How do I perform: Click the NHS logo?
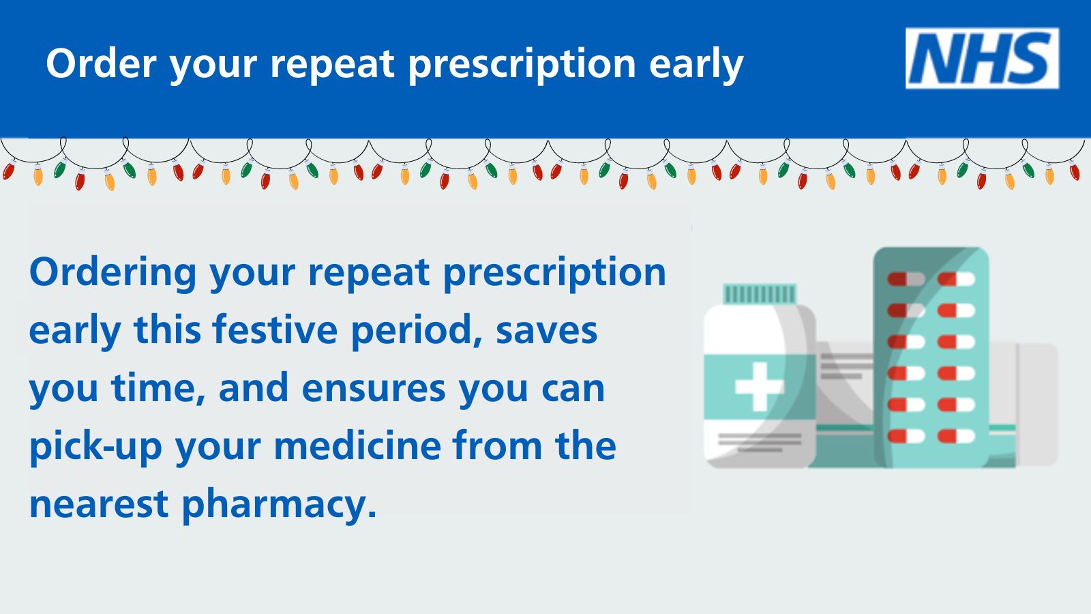tap(982, 58)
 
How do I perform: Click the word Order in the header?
tap(102, 63)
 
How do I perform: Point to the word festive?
tap(275, 330)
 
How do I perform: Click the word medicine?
tap(357, 445)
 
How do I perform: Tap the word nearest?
tap(99, 505)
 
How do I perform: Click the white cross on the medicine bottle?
tap(760, 386)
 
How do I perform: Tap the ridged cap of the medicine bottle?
tap(760, 294)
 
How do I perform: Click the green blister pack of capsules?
tap(931, 357)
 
